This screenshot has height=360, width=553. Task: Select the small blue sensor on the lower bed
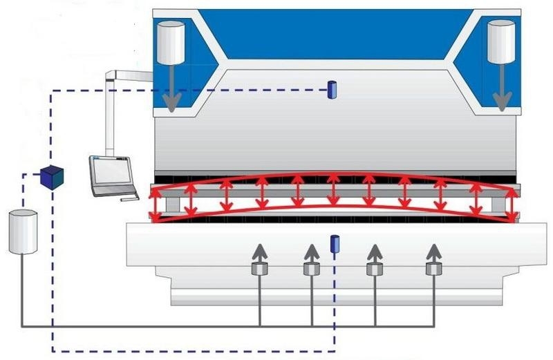335,243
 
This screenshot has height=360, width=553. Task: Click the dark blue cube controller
51,176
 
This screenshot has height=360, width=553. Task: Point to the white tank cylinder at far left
22,232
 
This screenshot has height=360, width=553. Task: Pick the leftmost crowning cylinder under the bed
259,269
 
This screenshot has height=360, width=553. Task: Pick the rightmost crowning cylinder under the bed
433,269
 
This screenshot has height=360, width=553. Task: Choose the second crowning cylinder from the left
311,269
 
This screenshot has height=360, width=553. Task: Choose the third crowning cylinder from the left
375,269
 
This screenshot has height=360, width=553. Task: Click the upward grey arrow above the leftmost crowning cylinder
259,252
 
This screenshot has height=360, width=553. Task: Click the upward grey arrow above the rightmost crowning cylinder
433,252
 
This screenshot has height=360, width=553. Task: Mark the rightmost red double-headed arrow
511,202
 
